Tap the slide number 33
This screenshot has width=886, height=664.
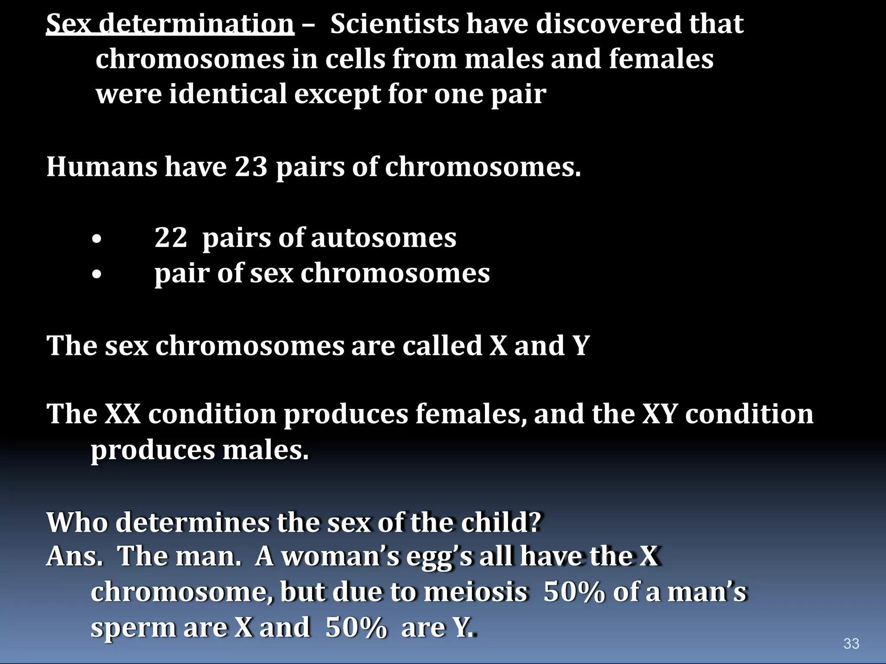[851, 643]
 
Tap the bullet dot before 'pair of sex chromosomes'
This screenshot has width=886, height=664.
[97, 274]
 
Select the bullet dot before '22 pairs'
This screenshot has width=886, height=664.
[97, 239]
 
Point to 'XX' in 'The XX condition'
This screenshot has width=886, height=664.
[123, 414]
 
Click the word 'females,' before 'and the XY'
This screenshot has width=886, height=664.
[472, 414]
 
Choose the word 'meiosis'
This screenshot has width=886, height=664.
[475, 592]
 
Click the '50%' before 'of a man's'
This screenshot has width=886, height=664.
[574, 592]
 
